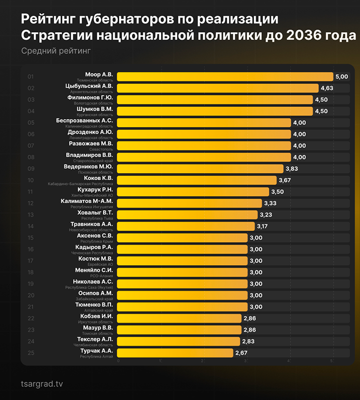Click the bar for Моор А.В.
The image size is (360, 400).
(225, 76)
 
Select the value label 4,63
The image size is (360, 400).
(327, 88)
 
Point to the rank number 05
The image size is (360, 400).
(31, 122)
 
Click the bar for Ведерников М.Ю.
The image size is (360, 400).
(200, 169)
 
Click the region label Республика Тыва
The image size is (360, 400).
(97, 218)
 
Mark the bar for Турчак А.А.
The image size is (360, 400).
(175, 353)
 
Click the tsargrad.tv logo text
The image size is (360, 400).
(42, 384)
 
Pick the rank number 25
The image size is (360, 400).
(31, 353)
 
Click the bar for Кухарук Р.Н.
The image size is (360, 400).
(193, 192)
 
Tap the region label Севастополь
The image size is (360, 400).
(102, 149)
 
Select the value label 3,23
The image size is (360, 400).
(266, 215)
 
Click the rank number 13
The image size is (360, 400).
(31, 215)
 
